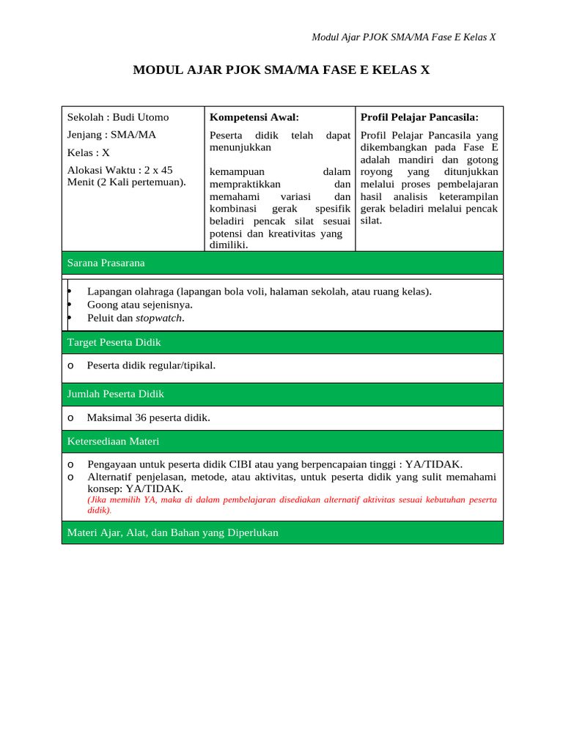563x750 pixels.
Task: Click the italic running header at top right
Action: [404, 37]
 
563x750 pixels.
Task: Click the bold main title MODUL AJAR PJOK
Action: [281, 70]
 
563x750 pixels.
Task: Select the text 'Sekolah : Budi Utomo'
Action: [118, 117]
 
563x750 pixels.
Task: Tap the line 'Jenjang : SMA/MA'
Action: [111, 135]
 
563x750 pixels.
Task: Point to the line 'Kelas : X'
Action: [89, 153]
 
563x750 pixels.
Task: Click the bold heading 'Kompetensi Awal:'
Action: [254, 117]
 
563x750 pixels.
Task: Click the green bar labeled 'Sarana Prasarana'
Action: [282, 262]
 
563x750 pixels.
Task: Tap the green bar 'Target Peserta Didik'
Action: [282, 342]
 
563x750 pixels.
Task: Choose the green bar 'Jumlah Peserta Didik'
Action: [282, 394]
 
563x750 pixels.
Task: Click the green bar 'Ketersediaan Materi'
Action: [282, 442]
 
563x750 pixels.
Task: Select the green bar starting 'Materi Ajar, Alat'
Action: [282, 533]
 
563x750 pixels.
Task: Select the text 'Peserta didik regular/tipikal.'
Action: [151, 365]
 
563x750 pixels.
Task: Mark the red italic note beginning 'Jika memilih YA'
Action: [292, 504]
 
